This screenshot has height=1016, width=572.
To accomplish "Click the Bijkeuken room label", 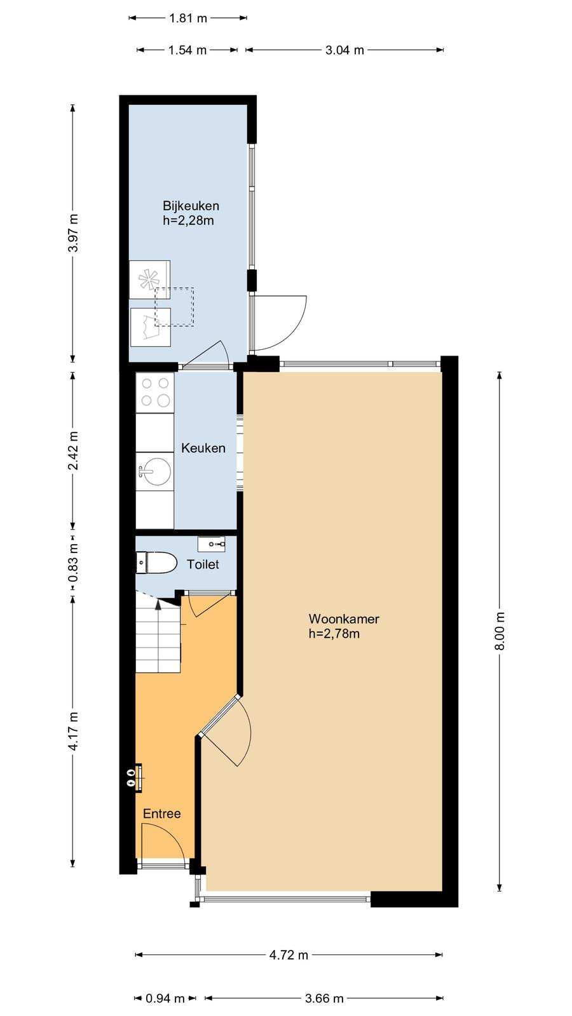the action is (x=191, y=206).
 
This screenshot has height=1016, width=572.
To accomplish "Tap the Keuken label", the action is (x=203, y=448).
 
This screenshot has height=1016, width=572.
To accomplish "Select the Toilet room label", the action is (x=203, y=565).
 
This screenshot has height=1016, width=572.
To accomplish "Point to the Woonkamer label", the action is (x=344, y=618).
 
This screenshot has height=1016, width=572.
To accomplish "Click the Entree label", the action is (x=161, y=813).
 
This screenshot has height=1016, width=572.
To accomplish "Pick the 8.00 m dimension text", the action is (x=500, y=631).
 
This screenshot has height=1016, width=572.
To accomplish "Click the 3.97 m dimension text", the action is (x=73, y=232).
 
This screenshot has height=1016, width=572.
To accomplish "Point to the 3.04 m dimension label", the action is (x=344, y=50).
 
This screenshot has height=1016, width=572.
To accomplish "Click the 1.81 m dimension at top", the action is (x=188, y=18).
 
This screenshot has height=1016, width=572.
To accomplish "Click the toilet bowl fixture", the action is (x=156, y=563).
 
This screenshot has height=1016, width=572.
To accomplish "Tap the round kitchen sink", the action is (x=155, y=472).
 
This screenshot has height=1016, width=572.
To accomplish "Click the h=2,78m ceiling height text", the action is (x=334, y=634).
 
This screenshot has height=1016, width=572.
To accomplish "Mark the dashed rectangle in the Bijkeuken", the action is (x=174, y=307).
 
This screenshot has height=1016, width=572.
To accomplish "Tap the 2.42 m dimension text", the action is (x=73, y=450).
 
